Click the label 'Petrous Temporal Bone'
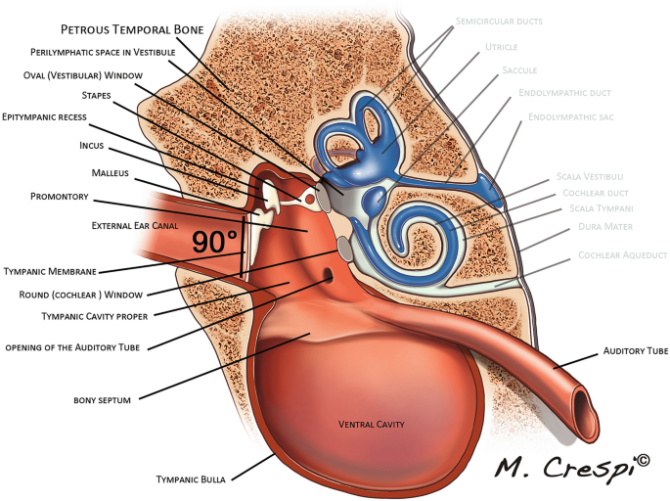(x=133, y=30)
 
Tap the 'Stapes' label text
(x=96, y=96)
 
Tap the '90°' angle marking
(x=214, y=242)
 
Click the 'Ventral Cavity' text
(x=371, y=424)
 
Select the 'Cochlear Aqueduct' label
(x=620, y=254)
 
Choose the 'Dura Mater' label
(x=605, y=227)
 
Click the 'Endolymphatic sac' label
(x=570, y=116)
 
